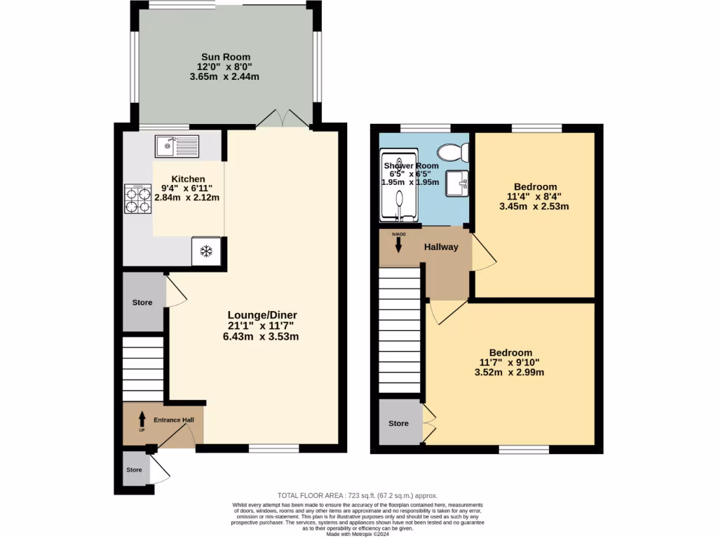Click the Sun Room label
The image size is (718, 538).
[225, 57]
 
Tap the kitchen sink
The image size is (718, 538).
[177, 146]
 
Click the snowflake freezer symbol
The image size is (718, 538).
[207, 251]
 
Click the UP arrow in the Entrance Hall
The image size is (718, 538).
[141, 420]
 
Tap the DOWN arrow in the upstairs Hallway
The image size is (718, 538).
[398, 243]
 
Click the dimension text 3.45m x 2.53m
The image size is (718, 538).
[534, 206]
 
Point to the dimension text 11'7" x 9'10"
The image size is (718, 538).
[510, 362]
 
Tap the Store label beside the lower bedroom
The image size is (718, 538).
[398, 423]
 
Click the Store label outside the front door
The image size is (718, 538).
[134, 470]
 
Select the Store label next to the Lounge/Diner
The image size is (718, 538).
[142, 303]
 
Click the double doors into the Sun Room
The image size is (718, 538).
[283, 118]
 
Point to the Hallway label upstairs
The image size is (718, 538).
[441, 247]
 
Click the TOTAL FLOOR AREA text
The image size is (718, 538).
[358, 495]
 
